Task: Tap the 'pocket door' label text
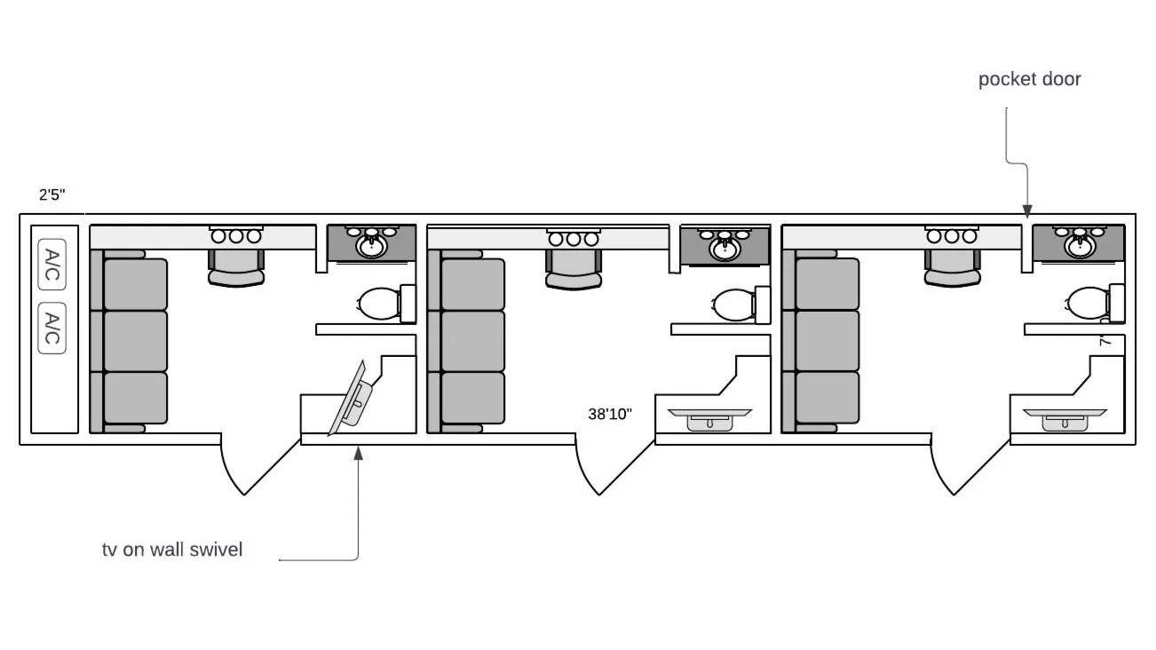click(1029, 79)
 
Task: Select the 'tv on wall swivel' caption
click(172, 550)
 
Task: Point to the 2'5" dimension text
click(51, 195)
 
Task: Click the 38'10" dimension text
click(610, 414)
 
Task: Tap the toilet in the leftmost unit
click(380, 303)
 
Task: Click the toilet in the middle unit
click(734, 303)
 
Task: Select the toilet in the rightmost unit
click(1088, 303)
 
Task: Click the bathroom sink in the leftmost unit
click(372, 244)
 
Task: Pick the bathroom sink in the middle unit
click(725, 244)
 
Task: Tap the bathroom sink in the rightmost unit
click(1080, 244)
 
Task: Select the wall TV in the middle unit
click(709, 419)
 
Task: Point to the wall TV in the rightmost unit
click(1064, 419)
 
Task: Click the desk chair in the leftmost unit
click(236, 266)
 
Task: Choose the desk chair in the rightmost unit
click(952, 266)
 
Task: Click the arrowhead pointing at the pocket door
click(1027, 211)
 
